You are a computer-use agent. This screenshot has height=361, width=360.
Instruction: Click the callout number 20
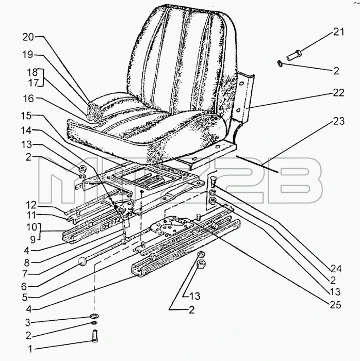pyautogui.click(x=28, y=37)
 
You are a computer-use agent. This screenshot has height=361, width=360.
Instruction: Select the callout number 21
pyautogui.click(x=338, y=32)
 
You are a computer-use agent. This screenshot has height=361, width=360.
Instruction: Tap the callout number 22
pyautogui.click(x=338, y=92)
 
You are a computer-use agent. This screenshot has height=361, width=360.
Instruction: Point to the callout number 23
pyautogui.click(x=338, y=121)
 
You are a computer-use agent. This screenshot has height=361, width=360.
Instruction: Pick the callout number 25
pyautogui.click(x=335, y=305)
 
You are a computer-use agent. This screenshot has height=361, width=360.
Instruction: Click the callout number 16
pyautogui.click(x=28, y=99)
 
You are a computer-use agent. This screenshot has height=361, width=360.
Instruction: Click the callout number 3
pyautogui.click(x=28, y=322)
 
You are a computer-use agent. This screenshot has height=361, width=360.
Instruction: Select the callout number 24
pyautogui.click(x=336, y=269)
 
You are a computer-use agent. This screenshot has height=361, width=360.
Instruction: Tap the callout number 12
pyautogui.click(x=31, y=205)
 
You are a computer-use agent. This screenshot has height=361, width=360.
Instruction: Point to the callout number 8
pyautogui.click(x=28, y=263)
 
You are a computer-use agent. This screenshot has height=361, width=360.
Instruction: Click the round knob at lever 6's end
pyautogui.click(x=82, y=262)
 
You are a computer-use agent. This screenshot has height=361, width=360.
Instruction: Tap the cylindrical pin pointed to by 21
pyautogui.click(x=293, y=55)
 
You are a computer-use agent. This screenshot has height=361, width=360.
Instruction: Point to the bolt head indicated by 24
pyautogui.click(x=214, y=178)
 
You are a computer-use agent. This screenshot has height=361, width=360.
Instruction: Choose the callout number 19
pyautogui.click(x=28, y=55)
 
